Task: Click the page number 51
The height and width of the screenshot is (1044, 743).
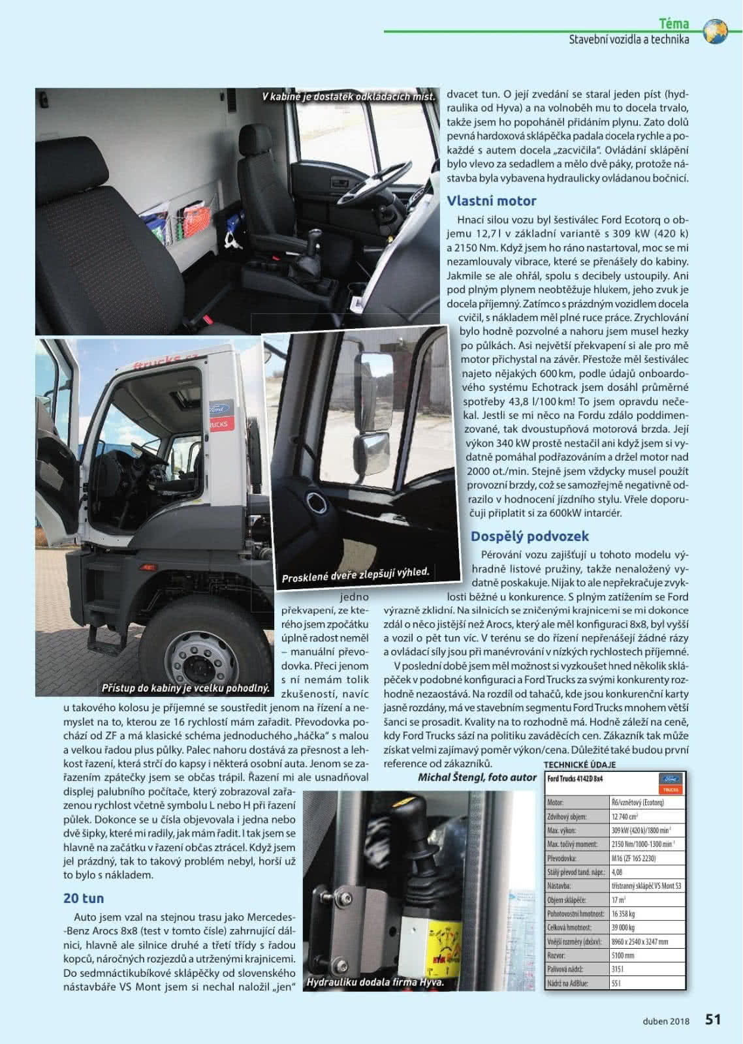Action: (713, 1019)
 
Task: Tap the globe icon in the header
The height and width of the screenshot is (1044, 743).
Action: (717, 31)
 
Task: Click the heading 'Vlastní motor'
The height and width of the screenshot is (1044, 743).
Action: (491, 201)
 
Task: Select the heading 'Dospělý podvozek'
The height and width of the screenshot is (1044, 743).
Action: (530, 536)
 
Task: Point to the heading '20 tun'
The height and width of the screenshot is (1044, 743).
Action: (84, 898)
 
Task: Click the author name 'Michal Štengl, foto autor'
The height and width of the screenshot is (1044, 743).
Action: (477, 777)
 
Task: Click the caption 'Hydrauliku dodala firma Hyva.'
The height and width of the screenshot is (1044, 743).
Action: (375, 982)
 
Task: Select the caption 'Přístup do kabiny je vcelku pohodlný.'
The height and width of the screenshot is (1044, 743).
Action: (185, 688)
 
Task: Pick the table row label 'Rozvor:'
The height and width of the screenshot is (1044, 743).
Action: (556, 955)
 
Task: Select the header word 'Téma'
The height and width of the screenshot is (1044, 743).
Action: (674, 24)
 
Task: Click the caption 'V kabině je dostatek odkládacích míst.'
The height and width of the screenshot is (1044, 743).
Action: (349, 97)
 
